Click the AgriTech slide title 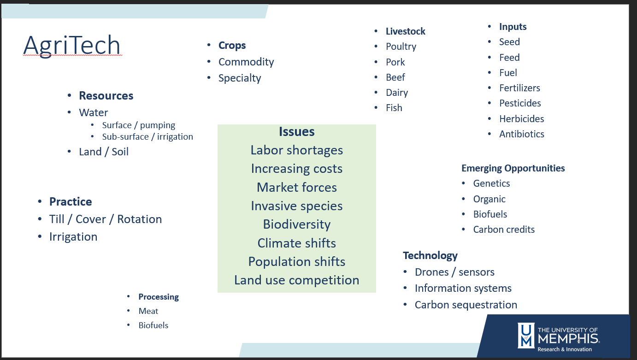point(72,46)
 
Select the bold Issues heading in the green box point(296,132)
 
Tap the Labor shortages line point(296,150)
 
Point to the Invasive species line point(296,206)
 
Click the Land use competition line point(296,280)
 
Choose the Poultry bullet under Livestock point(401,47)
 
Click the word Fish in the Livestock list point(394,108)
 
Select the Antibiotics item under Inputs point(522,134)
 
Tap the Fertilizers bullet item point(519,88)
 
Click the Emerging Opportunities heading point(513,168)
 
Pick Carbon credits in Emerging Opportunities point(504,230)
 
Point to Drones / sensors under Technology point(454,272)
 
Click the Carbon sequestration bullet point(466,305)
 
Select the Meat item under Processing point(148,311)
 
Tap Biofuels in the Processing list point(153,325)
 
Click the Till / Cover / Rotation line point(106,219)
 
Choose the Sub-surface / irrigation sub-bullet point(147,137)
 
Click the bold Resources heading point(106,96)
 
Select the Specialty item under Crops point(240,78)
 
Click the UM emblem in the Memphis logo point(526,336)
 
